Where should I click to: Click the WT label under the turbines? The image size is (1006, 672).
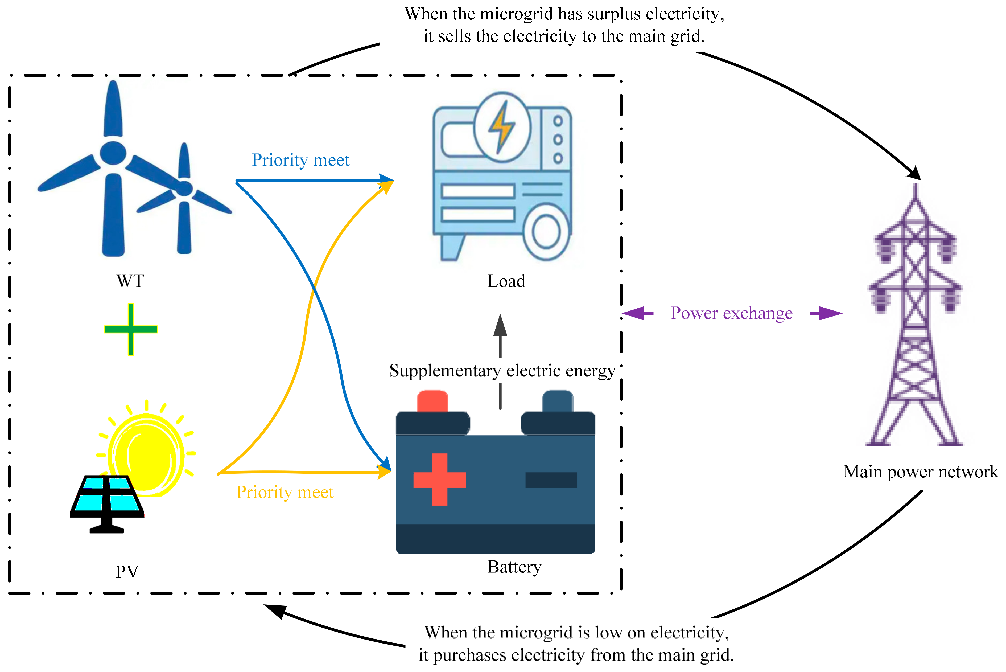[130, 281]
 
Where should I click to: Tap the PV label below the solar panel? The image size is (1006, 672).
[127, 571]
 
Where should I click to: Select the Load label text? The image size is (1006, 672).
[506, 281]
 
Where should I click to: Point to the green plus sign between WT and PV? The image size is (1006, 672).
[131, 329]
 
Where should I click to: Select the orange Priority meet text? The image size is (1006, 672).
[285, 492]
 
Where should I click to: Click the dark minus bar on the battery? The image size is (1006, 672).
[551, 480]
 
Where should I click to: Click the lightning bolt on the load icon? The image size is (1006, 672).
[502, 127]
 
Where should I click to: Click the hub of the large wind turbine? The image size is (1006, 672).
[113, 153]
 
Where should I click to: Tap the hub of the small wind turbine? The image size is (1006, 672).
[184, 188]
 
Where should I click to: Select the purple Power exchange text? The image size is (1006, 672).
[732, 313]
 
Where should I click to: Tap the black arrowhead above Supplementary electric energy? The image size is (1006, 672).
[500, 326]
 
